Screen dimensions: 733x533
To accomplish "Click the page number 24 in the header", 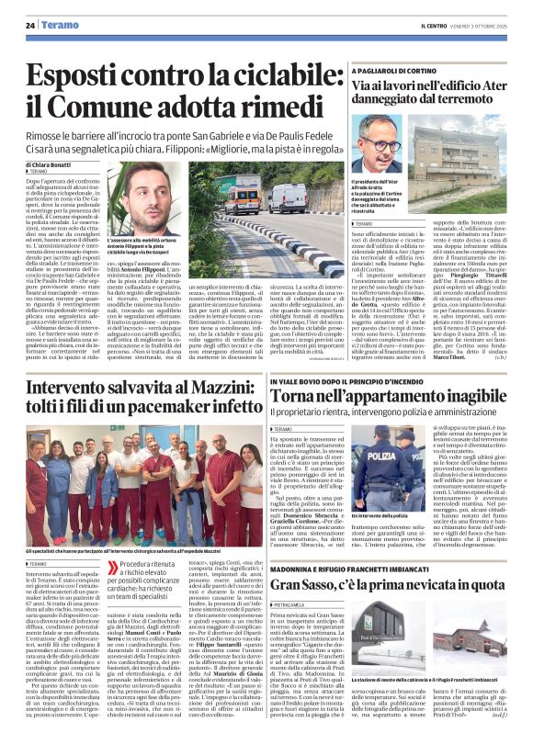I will click(x=30, y=26).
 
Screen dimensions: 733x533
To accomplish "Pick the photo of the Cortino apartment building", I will click(x=459, y=152).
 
